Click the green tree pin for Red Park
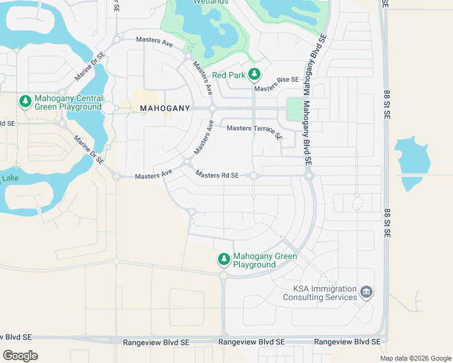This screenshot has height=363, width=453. point(255,74)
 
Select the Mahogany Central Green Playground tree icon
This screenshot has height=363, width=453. point(25,102)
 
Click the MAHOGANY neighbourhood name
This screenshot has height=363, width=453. point(165,108)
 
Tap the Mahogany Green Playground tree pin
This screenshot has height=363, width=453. point(224,259)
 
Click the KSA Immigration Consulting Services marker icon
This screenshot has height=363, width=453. point(366,292)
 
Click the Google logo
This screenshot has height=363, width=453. point(20,355)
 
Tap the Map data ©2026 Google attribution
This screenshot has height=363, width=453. point(415,358)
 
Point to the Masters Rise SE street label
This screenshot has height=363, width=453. point(277,80)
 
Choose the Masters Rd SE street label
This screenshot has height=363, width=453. point(217,175)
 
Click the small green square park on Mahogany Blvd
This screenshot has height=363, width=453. point(294,110)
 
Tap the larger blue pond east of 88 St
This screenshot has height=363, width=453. point(412,156)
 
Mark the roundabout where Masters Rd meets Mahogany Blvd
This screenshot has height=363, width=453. point(309,175)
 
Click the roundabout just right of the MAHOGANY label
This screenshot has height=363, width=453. point(212,108)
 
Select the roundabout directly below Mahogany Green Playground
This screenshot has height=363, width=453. point(223,276)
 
